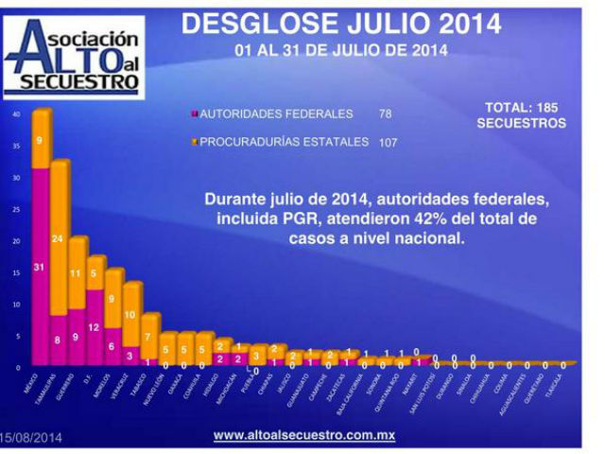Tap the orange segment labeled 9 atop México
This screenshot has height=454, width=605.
[x=40, y=140]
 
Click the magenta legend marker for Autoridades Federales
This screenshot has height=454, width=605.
[x=193, y=114]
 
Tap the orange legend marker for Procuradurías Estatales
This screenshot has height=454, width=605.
[x=193, y=143]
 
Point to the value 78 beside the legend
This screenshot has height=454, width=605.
[x=385, y=114]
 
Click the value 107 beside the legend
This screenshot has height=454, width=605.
[x=387, y=143]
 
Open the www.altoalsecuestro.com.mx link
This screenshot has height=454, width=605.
[x=303, y=435]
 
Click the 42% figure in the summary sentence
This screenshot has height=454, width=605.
[x=423, y=218]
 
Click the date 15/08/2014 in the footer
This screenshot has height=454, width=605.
[x=32, y=437]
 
